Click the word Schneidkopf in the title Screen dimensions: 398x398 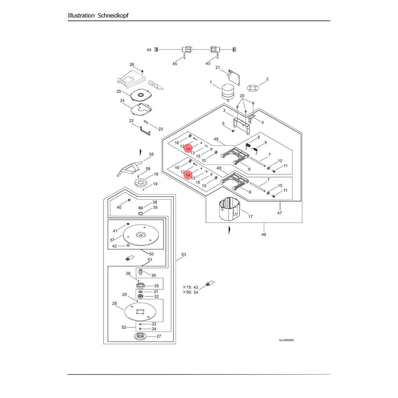pos(113,16)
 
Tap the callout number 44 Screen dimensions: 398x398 pos(149,50)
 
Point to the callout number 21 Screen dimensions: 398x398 pos(218,67)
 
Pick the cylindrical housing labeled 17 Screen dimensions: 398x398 pos(230,209)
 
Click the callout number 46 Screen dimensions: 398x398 pos(264,234)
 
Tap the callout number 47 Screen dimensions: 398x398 pos(280,213)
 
